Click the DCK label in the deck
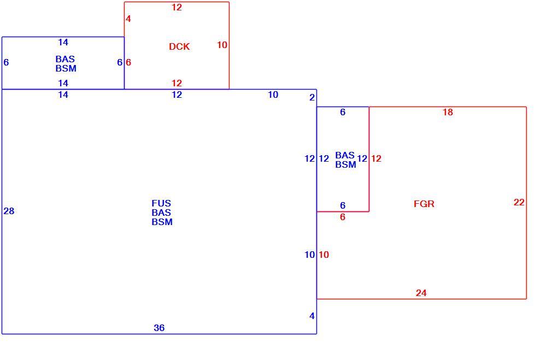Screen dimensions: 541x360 coord(179,46)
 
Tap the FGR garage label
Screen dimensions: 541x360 coord(424,204)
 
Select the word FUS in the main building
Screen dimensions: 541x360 coord(161,203)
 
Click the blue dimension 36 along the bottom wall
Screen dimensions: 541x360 coord(159,328)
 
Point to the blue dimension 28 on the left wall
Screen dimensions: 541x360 coord(9,211)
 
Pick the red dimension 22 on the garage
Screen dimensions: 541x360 coord(519,202)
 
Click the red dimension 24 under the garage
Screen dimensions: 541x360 coord(421,293)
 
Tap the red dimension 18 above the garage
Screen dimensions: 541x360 coord(448,112)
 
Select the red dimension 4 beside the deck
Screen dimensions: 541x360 coord(128,19)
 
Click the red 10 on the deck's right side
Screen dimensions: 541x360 coord(222,45)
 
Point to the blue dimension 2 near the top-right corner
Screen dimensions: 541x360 coord(312,98)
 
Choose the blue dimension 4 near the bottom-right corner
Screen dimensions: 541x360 coord(312,316)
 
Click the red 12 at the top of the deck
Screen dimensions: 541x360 coord(177,7)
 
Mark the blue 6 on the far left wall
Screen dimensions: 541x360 coord(6,62)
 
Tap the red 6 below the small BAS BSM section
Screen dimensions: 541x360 coord(343,217)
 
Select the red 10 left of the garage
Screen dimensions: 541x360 coord(324,255)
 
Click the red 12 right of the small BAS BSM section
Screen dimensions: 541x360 coord(376,158)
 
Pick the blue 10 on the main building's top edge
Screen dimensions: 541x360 coord(273,95)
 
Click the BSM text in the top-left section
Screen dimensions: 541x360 coord(66,68)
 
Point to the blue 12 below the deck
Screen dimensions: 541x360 coord(177,95)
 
